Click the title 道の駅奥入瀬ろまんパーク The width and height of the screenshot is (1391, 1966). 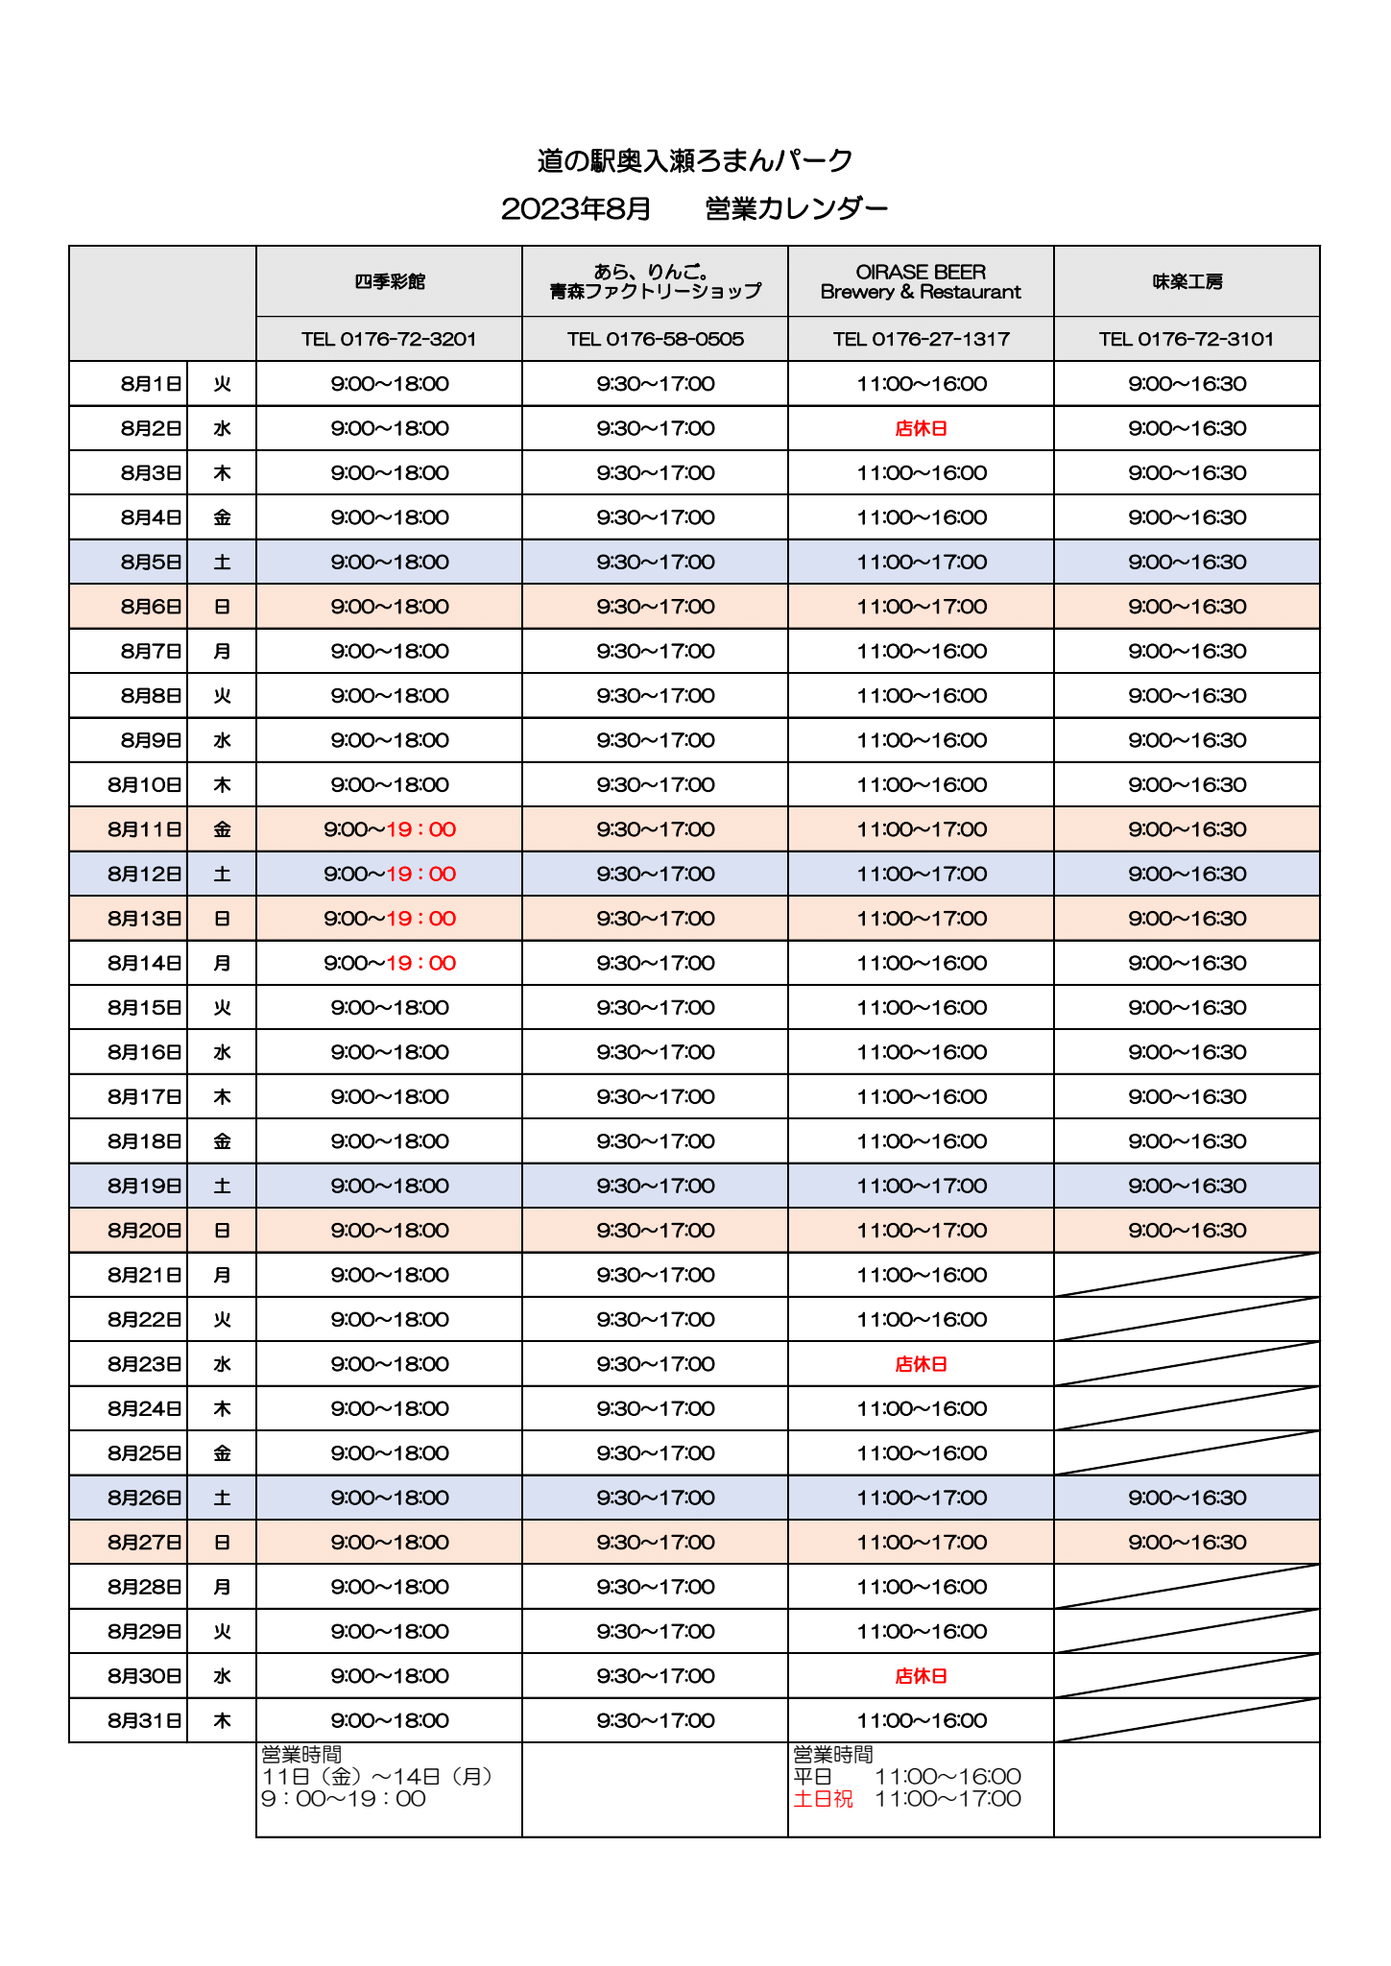click(695, 160)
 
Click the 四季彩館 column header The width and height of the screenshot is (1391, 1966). click(389, 281)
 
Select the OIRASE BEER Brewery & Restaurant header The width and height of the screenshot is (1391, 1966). click(921, 281)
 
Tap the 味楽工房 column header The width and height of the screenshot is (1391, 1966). click(1187, 281)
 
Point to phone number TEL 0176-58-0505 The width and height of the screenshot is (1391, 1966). click(655, 339)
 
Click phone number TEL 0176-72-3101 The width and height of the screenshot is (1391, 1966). click(1187, 339)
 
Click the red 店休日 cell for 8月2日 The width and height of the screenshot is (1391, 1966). click(921, 429)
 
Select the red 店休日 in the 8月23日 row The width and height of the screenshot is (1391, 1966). click(921, 1364)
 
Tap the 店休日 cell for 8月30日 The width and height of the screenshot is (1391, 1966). click(921, 1676)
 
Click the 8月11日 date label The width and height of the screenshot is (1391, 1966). click(145, 829)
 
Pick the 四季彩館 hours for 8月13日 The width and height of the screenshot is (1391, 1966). click(389, 919)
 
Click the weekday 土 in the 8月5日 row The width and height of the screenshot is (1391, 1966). click(222, 563)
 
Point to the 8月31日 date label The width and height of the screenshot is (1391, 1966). click(145, 1720)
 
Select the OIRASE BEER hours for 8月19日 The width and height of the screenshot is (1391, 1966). click(921, 1186)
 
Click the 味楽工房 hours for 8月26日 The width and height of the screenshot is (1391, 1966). click(1187, 1498)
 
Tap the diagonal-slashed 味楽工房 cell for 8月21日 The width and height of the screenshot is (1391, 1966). click(1187, 1275)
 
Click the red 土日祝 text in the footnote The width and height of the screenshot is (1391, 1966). click(823, 1799)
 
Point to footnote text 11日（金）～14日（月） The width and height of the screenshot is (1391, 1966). click(380, 1777)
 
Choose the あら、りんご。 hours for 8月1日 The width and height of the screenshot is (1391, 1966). click(655, 384)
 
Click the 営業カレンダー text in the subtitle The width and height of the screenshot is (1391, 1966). click(796, 208)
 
